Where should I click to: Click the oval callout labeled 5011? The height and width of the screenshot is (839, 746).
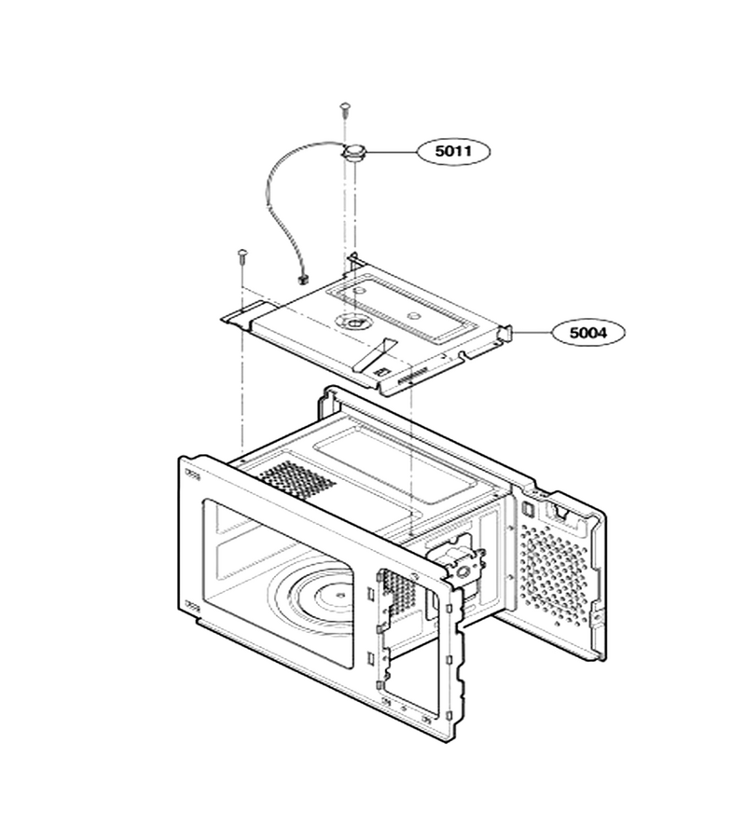pyautogui.click(x=453, y=151)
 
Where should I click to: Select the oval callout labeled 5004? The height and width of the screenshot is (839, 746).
pyautogui.click(x=588, y=333)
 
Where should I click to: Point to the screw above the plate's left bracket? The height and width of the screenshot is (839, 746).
pyautogui.click(x=242, y=257)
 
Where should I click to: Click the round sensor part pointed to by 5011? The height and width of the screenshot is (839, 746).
pyautogui.click(x=354, y=153)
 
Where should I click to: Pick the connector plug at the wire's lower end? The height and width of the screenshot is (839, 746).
pyautogui.click(x=304, y=278)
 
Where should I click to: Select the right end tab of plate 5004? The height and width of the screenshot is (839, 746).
pyautogui.click(x=505, y=335)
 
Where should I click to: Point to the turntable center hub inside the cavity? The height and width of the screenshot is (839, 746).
pyautogui.click(x=338, y=594)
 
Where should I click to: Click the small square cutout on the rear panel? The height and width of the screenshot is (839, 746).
pyautogui.click(x=526, y=508)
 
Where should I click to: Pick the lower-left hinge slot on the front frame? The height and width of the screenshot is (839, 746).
pyautogui.click(x=192, y=606)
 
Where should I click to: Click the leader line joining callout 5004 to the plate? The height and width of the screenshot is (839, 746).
pyautogui.click(x=532, y=332)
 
